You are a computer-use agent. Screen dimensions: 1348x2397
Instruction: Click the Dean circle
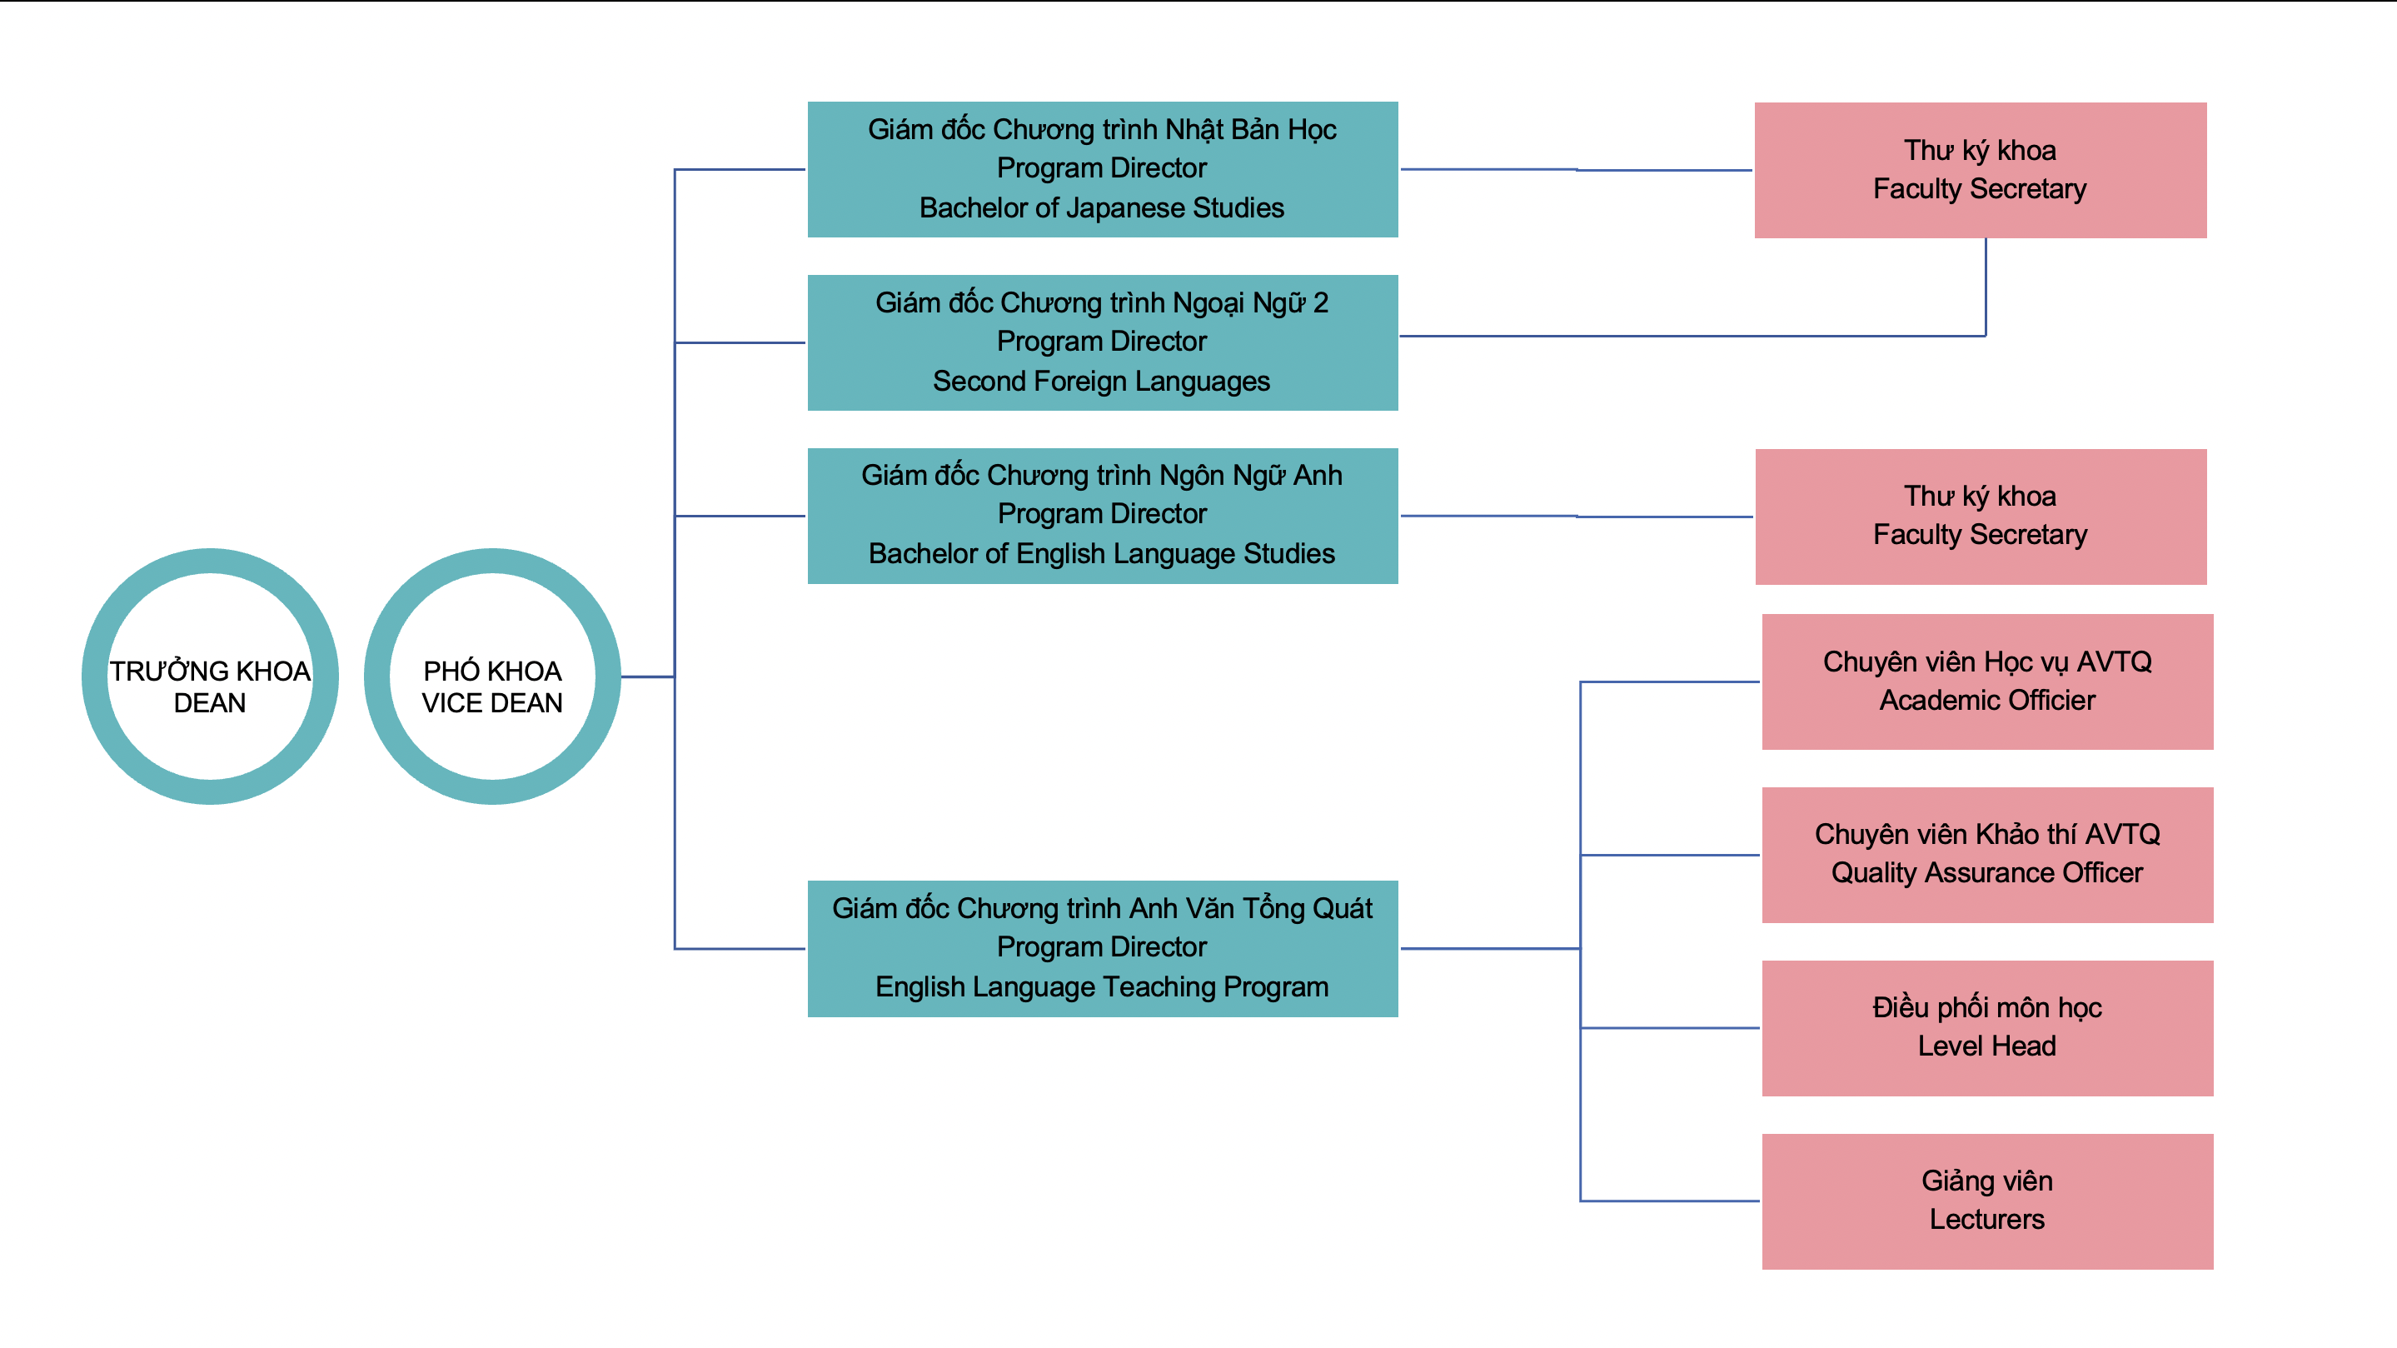210,676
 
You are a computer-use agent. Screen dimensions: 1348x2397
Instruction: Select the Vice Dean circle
492,676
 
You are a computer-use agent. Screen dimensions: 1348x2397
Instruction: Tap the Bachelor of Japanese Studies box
1103,169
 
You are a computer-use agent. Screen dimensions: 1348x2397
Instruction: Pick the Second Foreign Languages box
1103,342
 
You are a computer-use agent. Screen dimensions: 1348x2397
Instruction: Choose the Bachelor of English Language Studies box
1103,516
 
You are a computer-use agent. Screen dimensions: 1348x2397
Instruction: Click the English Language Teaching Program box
1103,949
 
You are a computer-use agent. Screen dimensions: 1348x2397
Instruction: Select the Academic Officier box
1987,681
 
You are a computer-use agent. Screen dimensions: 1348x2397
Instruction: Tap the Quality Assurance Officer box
1987,855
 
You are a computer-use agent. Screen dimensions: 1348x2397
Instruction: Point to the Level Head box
1987,1028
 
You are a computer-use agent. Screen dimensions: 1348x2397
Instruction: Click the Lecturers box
1987,1201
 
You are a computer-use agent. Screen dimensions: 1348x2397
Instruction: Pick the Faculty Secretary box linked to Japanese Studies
1980,170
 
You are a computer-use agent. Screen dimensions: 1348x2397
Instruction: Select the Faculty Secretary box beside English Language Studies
1980,517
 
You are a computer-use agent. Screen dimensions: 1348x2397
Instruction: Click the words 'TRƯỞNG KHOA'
210,672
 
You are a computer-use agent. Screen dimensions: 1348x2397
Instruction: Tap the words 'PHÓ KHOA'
492,672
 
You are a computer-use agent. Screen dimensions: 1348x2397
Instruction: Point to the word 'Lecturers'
1987,1220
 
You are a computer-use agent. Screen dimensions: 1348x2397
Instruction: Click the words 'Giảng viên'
1987,1181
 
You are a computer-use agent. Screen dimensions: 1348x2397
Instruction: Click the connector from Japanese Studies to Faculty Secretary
1577,169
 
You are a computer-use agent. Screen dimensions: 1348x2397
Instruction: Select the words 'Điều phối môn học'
1987,1008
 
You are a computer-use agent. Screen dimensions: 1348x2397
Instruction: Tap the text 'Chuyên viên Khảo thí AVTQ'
1987,835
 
